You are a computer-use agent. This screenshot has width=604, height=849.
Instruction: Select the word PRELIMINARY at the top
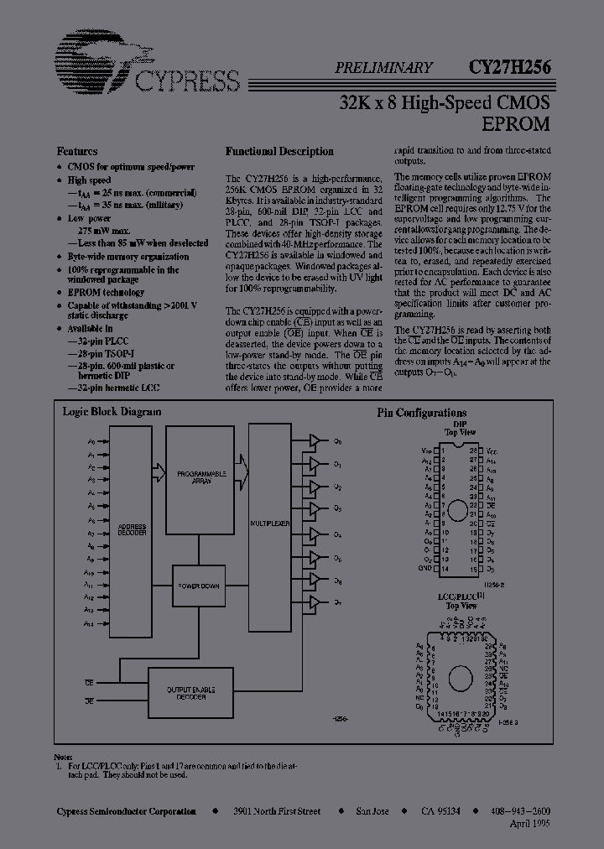click(x=384, y=69)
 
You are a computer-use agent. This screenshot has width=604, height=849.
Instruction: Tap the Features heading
click(x=77, y=151)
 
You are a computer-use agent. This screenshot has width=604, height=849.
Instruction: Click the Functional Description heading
click(x=279, y=151)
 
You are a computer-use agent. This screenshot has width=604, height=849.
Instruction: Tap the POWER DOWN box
click(x=200, y=584)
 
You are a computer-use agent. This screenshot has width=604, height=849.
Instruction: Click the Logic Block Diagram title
click(x=112, y=412)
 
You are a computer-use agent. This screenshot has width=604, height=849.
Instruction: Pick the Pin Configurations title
click(x=421, y=413)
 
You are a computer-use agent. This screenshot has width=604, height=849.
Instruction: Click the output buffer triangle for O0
click(x=314, y=441)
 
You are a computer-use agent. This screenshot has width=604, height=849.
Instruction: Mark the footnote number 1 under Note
click(x=60, y=766)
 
